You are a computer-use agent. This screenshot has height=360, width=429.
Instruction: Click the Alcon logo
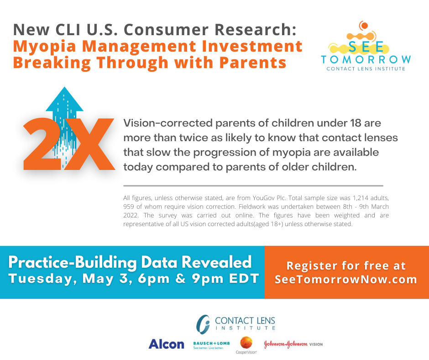click(x=166, y=344)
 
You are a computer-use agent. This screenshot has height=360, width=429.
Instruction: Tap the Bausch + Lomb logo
click(x=211, y=345)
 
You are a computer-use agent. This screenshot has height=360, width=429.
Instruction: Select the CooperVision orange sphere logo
click(x=246, y=343)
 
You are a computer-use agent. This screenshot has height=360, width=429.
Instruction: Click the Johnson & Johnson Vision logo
click(x=293, y=344)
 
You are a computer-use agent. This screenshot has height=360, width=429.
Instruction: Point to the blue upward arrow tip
click(x=64, y=87)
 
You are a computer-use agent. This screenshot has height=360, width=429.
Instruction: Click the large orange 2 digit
click(x=42, y=144)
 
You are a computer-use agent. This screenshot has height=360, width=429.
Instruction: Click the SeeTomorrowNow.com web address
click(x=346, y=279)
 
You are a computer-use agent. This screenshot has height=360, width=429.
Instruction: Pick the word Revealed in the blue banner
click(x=216, y=262)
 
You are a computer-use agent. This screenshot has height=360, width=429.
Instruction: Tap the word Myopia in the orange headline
click(x=44, y=47)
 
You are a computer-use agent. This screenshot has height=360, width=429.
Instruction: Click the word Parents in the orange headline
click(x=252, y=63)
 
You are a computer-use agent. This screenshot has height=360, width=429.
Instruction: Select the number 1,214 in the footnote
click(x=360, y=198)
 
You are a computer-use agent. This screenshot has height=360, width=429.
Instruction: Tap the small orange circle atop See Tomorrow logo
click(x=364, y=26)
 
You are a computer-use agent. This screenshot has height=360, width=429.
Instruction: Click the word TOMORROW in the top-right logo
click(x=366, y=59)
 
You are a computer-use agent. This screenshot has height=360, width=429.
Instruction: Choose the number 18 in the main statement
click(x=356, y=123)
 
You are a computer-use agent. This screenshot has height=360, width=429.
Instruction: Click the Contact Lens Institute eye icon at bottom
click(x=203, y=324)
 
